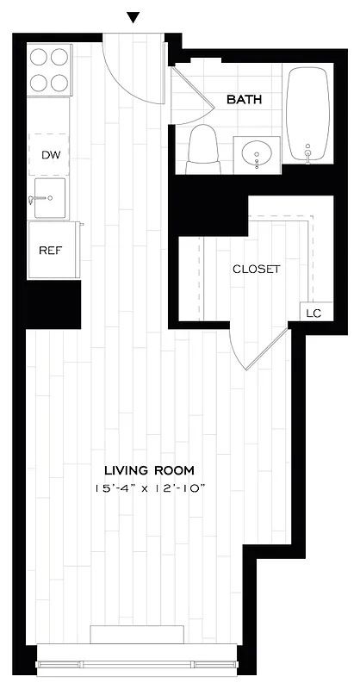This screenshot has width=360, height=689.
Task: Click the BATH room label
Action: tap(244, 100)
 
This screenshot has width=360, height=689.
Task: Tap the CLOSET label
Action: tap(257, 269)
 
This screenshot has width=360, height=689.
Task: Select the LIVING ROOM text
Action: tap(149, 470)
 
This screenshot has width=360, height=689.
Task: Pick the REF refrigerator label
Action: tap(48, 251)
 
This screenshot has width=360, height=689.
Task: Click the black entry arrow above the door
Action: tap(133, 17)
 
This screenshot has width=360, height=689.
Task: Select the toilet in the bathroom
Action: tap(202, 147)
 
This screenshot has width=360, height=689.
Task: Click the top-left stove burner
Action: tap(39, 57)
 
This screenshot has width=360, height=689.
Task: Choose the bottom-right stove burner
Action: tap(59, 83)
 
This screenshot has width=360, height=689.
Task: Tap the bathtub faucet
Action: tap(307, 156)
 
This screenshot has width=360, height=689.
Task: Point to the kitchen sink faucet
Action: tap(34, 199)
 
